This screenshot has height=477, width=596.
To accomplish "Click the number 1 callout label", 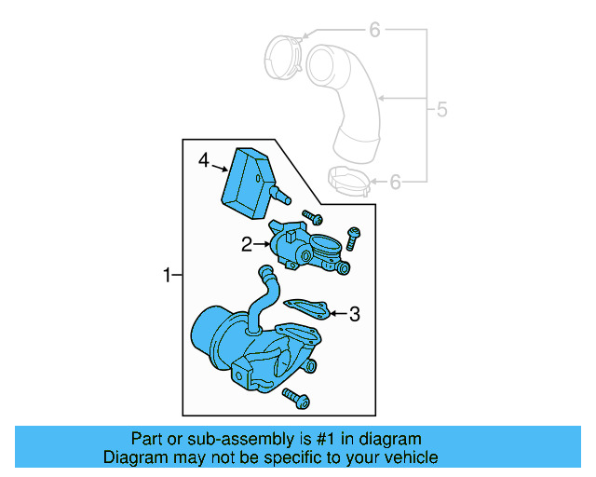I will [x=167, y=275].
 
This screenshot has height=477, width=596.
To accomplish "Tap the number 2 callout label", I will [x=247, y=245].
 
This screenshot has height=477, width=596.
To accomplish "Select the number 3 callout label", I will [x=354, y=315].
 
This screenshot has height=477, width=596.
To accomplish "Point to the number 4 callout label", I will [x=204, y=161].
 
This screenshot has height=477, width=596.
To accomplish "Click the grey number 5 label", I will [x=441, y=110].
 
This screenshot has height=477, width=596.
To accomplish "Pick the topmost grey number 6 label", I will [x=374, y=31].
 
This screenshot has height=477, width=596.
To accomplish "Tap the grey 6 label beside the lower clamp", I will [x=395, y=182].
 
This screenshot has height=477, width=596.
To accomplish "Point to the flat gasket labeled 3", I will [x=305, y=307].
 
